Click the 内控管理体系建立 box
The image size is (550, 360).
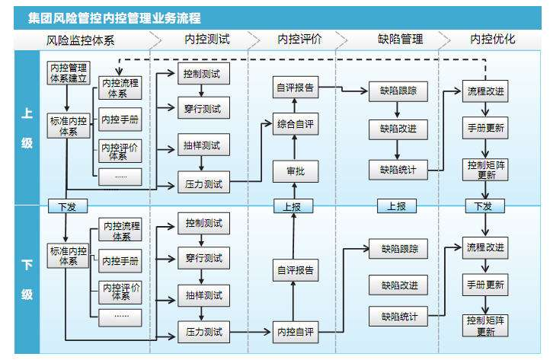click(67, 74)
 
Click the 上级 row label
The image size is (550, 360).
click(27, 128)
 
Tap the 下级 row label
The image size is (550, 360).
click(27, 279)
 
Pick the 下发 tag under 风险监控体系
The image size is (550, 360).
click(67, 205)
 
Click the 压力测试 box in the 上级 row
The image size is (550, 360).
click(203, 183)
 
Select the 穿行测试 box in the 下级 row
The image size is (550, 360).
click(203, 259)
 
